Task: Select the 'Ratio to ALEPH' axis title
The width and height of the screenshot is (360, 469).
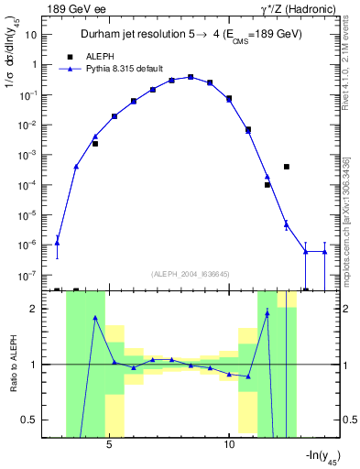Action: [x=12, y=365]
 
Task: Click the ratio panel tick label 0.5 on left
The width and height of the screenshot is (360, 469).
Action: [x=35, y=420]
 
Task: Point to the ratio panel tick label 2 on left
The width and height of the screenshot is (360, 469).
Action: [x=38, y=310]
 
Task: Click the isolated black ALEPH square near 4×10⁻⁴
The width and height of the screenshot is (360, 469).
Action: [x=287, y=167]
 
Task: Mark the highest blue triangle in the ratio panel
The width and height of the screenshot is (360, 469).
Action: [x=267, y=313]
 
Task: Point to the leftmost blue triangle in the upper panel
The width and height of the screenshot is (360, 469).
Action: [x=58, y=243]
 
